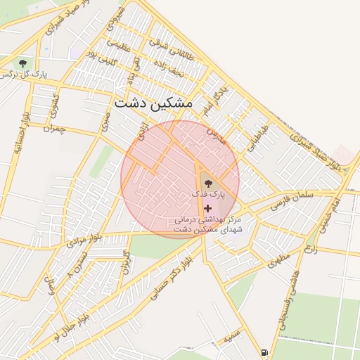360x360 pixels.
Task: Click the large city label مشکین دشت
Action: pos(153,103)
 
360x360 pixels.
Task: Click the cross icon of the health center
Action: pos(207,208)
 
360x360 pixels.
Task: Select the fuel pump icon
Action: pos(264,352)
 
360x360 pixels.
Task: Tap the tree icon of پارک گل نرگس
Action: pos(24,63)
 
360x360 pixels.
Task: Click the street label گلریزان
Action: pos(126,262)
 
